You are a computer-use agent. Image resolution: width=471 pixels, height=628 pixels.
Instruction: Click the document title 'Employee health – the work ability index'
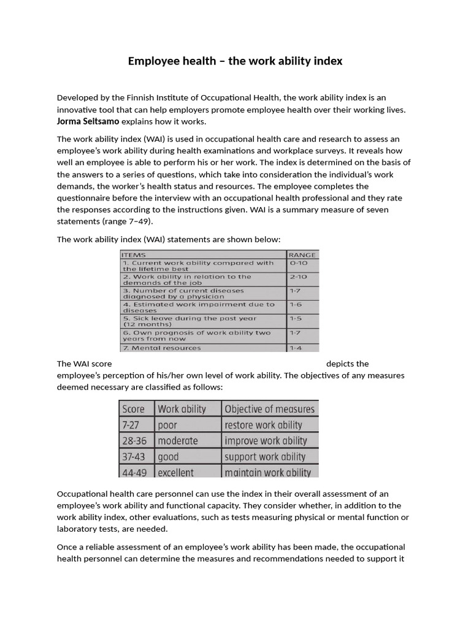click(x=235, y=61)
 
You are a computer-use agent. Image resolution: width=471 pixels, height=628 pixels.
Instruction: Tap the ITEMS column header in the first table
click(x=134, y=254)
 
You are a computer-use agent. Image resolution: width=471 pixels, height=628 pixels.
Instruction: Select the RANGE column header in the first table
click(x=302, y=254)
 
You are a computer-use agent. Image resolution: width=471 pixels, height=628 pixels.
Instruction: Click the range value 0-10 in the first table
click(x=299, y=262)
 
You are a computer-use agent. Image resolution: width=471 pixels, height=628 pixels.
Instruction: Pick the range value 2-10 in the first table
click(x=299, y=277)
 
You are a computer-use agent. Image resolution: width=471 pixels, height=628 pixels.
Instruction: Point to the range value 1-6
click(x=296, y=304)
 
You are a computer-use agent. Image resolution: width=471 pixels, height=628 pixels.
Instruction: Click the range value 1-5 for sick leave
click(x=296, y=318)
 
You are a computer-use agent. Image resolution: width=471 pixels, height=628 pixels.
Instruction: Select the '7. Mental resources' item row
click(x=162, y=348)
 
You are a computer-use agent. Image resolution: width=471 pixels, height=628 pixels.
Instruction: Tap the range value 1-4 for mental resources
click(x=296, y=348)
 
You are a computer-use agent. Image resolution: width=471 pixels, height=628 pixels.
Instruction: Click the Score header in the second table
click(x=134, y=409)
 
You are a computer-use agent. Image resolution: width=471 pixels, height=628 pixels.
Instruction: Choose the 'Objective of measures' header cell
click(x=269, y=409)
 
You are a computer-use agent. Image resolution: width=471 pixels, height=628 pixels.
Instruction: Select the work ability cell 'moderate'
click(x=178, y=441)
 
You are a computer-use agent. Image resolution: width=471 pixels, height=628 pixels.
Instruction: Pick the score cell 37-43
click(x=134, y=457)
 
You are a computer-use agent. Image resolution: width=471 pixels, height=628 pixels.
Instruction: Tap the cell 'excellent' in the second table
click(x=175, y=472)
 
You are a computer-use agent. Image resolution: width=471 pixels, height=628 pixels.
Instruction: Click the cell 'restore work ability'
click(x=263, y=425)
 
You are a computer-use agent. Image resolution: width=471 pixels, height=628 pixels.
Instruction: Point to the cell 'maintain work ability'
click(x=267, y=472)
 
